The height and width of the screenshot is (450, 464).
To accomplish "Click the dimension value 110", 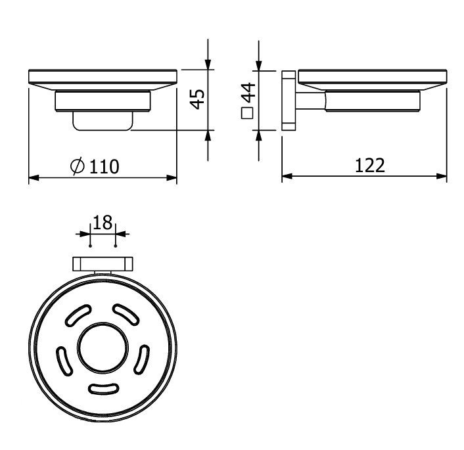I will click(x=104, y=166).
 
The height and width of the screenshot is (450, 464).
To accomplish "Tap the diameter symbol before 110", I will click(x=77, y=166).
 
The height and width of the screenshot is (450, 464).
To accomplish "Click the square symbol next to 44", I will click(x=248, y=113).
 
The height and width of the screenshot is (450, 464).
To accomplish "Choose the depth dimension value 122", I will click(x=369, y=165).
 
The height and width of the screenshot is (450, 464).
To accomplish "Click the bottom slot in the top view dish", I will click(x=103, y=390).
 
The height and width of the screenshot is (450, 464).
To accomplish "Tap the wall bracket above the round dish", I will click(x=103, y=263).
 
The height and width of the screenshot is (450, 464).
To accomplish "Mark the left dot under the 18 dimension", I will click(x=90, y=246).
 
